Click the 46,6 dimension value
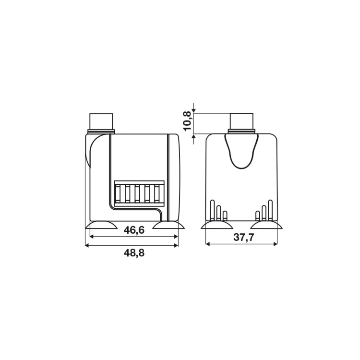(x=134, y=230)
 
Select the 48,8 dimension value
(x=134, y=253)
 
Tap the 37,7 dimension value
(x=244, y=237)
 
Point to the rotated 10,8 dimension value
(x=188, y=120)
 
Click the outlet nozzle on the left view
(x=101, y=121)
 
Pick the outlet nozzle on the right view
(x=242, y=121)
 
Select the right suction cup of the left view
(x=168, y=225)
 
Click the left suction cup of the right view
(x=217, y=225)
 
